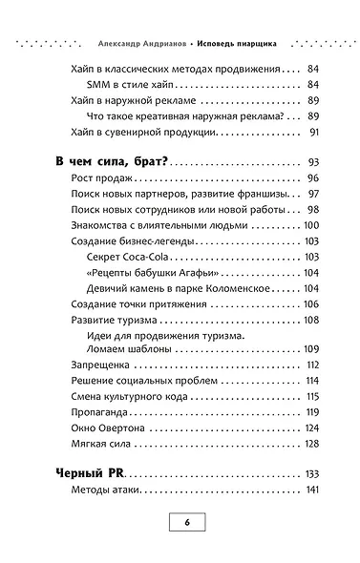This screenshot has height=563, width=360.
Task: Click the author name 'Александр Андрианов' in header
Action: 136,43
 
